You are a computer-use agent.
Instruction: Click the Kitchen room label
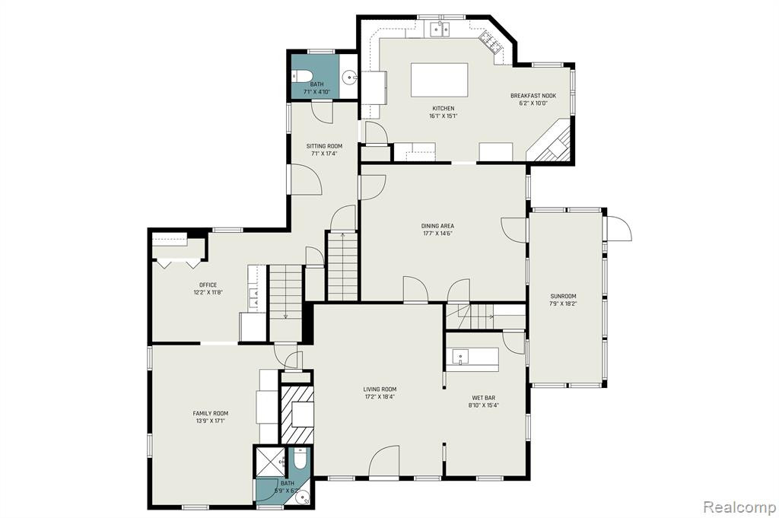(444, 108)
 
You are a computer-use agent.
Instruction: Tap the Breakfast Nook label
(533, 96)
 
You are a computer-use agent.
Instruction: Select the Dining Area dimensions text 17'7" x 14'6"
(437, 234)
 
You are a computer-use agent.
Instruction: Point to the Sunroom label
(563, 297)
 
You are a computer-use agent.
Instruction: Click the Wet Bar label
(483, 398)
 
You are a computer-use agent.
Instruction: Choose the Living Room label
(380, 389)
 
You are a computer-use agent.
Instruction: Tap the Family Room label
(211, 413)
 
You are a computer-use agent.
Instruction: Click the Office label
(208, 285)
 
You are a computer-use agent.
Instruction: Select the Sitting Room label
(324, 146)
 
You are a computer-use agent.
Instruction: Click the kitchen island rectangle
(439, 79)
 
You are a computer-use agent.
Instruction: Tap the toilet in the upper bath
(301, 76)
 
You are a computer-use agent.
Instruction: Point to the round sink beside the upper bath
(351, 77)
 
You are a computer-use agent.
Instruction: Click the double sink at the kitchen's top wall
(439, 30)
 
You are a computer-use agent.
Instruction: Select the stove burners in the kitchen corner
(490, 41)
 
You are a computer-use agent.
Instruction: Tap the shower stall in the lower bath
(270, 462)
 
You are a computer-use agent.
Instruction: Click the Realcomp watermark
(739, 507)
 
